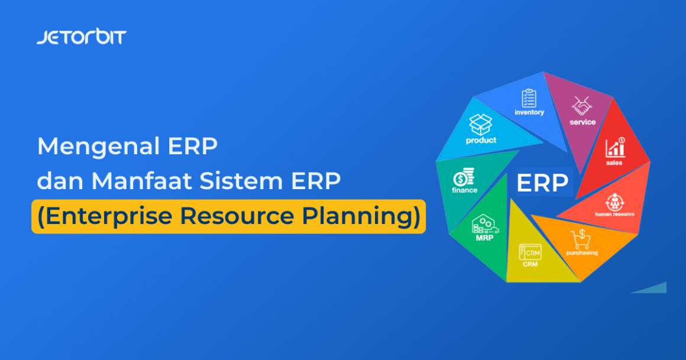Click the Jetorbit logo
(x=81, y=37)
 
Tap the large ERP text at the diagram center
(x=542, y=183)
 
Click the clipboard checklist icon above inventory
(x=529, y=98)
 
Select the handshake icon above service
(x=582, y=106)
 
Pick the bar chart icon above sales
(x=615, y=147)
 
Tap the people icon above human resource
(x=614, y=200)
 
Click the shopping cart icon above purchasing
(x=580, y=239)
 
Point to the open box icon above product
(x=481, y=125)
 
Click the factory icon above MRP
(x=484, y=225)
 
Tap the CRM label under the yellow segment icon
(x=530, y=264)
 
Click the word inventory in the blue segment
(x=529, y=112)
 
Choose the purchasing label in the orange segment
(x=582, y=252)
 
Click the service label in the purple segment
(x=583, y=122)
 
